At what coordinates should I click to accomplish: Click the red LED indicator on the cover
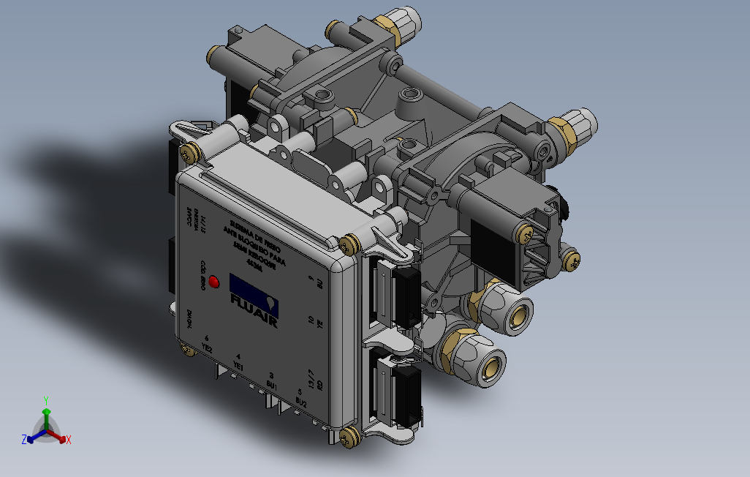pos(215,282)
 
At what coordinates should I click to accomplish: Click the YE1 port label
pos(238,364)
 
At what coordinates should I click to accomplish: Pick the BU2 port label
pos(301,401)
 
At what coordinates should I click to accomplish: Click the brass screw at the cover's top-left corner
pos(191,153)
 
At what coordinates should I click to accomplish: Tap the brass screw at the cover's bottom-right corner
pos(347,437)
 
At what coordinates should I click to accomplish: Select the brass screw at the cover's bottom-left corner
pos(189,351)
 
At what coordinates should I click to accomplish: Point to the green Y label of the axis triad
pos(45,400)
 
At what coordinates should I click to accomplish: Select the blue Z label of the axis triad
pos(24,439)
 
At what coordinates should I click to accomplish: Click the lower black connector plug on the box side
pos(407,394)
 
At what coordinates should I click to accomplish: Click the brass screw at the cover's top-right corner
pos(349,245)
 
